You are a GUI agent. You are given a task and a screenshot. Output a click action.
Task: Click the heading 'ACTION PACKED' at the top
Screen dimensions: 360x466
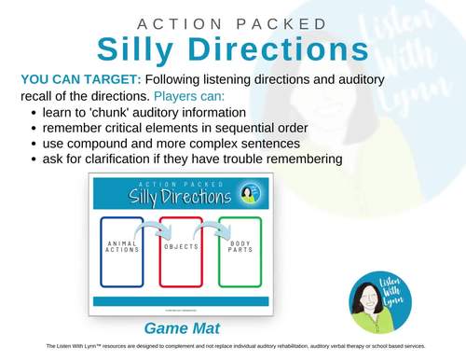[233, 22]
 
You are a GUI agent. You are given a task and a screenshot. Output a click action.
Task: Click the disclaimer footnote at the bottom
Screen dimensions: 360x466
[233, 346]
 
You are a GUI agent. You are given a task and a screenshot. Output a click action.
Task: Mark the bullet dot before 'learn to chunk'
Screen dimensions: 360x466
[34, 114]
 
